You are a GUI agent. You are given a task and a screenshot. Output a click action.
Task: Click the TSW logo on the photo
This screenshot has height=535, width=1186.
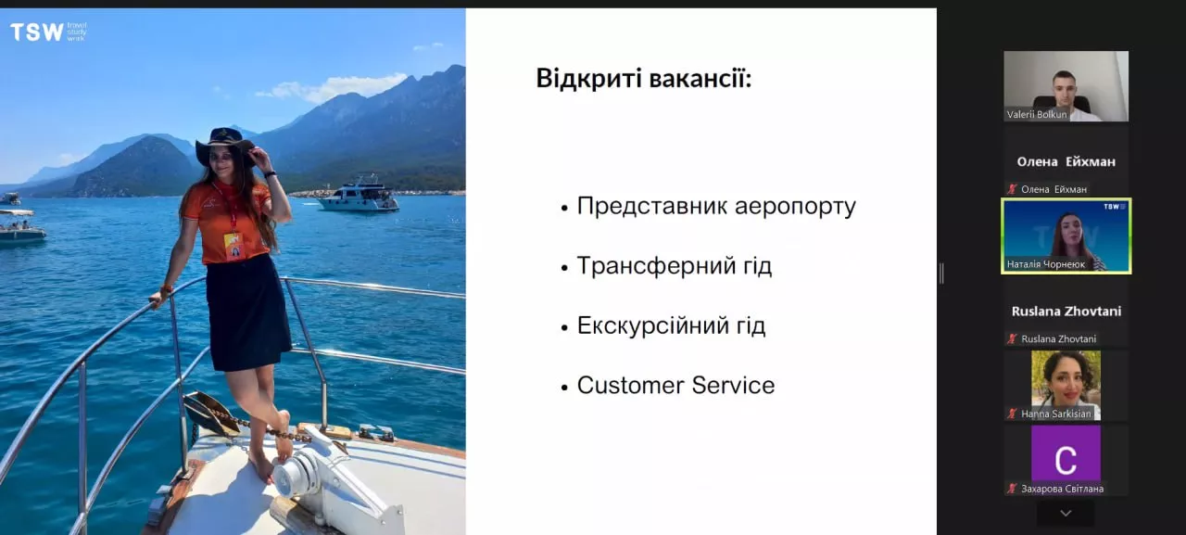click(48, 32)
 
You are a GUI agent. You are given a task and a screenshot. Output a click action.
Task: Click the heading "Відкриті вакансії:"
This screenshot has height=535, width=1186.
click(644, 79)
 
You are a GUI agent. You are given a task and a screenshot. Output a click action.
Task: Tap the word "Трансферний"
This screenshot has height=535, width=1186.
click(657, 266)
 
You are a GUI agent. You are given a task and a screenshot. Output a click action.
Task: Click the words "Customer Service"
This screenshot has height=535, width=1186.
click(675, 385)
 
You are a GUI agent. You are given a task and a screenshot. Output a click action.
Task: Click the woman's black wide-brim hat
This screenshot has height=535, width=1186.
click(224, 146)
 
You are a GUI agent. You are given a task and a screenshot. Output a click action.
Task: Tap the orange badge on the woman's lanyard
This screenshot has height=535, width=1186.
click(233, 247)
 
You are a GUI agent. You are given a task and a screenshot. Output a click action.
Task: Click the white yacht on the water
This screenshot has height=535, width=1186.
click(359, 195)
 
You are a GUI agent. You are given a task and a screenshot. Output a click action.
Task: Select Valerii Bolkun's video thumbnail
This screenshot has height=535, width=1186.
click(1066, 86)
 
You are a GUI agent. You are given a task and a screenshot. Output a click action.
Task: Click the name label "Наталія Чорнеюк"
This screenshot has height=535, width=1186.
click(1046, 264)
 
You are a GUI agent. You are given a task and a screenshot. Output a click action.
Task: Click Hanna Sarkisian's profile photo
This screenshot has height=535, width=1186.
click(1066, 385)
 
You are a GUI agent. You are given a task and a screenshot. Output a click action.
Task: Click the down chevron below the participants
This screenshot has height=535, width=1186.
click(1066, 514)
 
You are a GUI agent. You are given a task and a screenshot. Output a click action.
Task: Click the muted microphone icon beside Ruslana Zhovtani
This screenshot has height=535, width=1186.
click(1013, 338)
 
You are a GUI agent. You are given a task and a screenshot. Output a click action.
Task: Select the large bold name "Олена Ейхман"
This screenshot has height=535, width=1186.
click(1066, 161)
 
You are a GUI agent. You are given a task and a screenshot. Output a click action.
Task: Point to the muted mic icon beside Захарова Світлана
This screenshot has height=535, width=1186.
click(1013, 489)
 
